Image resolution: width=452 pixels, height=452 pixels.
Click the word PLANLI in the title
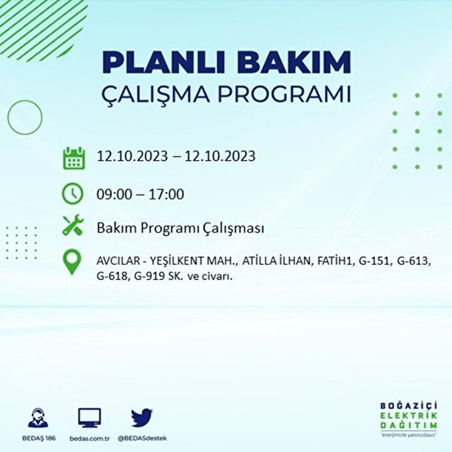tap(163, 62)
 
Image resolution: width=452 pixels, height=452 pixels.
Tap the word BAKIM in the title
tap(294, 62)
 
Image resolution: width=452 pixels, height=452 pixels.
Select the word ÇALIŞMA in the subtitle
tap(156, 94)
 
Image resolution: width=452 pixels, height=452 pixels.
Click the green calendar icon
tap(74, 158)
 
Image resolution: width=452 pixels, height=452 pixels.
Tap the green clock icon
tap(73, 194)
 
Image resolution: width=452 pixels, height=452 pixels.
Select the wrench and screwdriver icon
tap(73, 225)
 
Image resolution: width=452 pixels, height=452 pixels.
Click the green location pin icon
tap(72, 262)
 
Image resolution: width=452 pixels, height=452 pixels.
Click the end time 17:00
tap(166, 194)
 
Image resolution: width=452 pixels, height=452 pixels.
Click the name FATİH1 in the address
tap(335, 261)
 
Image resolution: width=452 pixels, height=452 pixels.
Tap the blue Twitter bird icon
tap(142, 417)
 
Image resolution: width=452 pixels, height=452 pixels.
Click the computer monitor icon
tap(90, 417)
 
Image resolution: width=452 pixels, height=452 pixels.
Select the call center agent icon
tap(38, 417)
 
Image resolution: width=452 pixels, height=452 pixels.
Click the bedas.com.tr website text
tap(90, 438)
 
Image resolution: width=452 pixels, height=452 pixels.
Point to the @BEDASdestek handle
tap(142, 438)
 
